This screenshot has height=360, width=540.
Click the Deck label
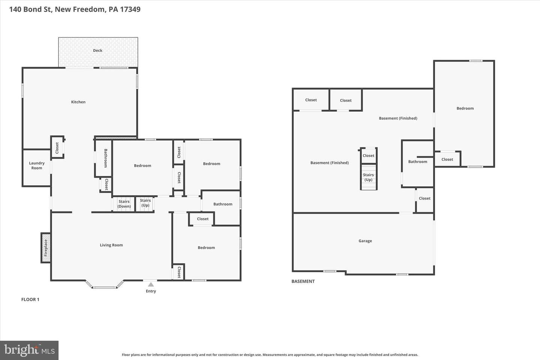(97, 50)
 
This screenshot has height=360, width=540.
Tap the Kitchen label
(78, 102)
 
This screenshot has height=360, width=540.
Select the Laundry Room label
(37, 165)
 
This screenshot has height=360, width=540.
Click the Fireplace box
(46, 247)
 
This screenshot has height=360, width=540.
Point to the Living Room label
(111, 245)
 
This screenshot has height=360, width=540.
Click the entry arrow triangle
(151, 285)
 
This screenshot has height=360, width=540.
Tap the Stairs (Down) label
(124, 204)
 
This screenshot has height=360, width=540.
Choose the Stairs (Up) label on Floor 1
(145, 203)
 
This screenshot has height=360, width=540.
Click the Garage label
(365, 241)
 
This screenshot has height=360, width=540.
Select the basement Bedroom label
(465, 108)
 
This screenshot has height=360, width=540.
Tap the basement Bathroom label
(417, 162)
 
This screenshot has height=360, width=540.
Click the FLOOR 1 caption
(30, 300)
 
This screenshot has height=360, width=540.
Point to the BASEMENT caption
(303, 281)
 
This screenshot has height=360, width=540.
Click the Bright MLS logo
(29, 350)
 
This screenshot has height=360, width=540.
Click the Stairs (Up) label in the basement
(368, 177)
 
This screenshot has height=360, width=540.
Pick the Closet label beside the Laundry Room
(57, 148)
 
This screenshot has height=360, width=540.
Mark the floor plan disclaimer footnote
(270, 355)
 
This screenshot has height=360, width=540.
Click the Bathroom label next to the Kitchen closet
(106, 158)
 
